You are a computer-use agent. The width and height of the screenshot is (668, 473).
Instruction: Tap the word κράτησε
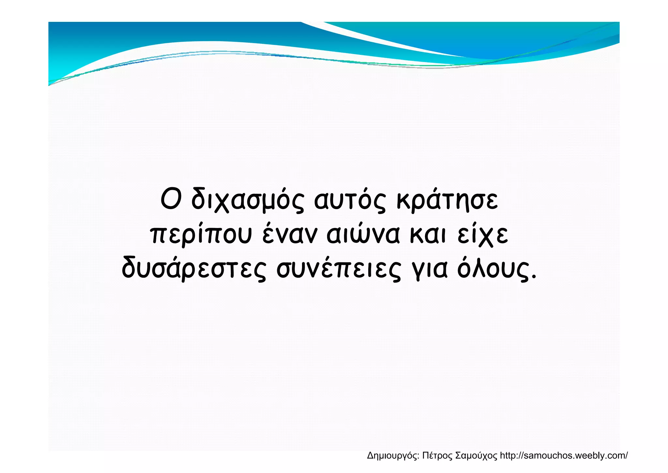click(447, 200)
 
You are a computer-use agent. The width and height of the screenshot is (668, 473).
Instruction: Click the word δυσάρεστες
click(194, 269)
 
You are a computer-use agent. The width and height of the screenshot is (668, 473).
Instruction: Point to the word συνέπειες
click(339, 269)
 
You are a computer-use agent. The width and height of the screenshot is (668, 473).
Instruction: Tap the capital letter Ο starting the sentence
click(171, 199)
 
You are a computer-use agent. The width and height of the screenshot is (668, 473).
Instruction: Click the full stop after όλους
click(534, 278)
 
